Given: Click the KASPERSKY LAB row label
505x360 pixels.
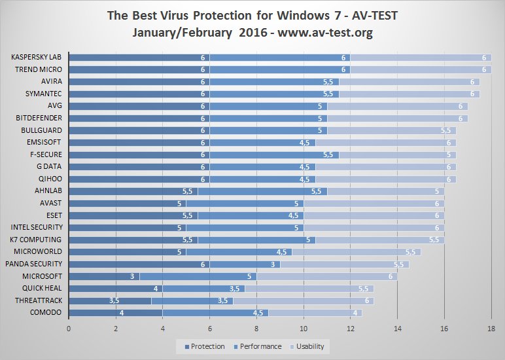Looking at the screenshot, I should (37, 58).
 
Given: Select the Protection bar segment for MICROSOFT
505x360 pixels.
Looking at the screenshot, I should (103, 276).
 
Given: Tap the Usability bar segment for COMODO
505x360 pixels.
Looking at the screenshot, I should (314, 313).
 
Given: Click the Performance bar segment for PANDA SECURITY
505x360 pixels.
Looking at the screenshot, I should (245, 264).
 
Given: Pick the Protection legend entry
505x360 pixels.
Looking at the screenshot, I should (205, 346).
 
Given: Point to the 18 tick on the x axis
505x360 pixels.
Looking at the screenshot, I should (491, 329).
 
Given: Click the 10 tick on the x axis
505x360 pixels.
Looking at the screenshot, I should (304, 329).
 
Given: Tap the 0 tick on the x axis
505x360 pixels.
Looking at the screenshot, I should (69, 329).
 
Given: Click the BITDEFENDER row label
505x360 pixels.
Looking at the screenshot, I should (39, 118).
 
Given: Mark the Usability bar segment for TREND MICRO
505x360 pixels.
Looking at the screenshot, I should (421, 69).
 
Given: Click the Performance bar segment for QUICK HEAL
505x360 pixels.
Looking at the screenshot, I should (203, 289).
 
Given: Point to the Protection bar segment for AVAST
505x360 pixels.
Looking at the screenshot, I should (127, 204).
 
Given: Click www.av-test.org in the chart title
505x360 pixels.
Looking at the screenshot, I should (320, 33).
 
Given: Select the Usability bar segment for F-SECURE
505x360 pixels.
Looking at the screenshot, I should (396, 155).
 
